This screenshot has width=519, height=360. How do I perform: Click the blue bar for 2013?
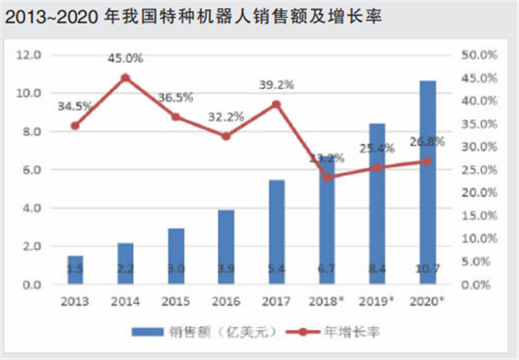(74, 270)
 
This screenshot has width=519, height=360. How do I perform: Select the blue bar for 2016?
(226, 247)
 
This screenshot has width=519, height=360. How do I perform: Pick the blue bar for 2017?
(276, 232)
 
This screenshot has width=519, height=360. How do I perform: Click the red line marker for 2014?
(125, 77)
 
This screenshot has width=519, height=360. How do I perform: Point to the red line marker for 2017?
(276, 104)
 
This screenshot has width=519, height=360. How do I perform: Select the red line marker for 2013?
(74, 125)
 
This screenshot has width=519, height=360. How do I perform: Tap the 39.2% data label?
(276, 85)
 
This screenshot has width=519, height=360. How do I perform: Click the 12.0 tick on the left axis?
(30, 55)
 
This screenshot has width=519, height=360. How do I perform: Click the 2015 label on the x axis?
(176, 300)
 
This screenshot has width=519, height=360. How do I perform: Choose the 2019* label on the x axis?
(376, 300)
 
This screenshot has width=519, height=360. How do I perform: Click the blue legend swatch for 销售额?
(150, 331)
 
